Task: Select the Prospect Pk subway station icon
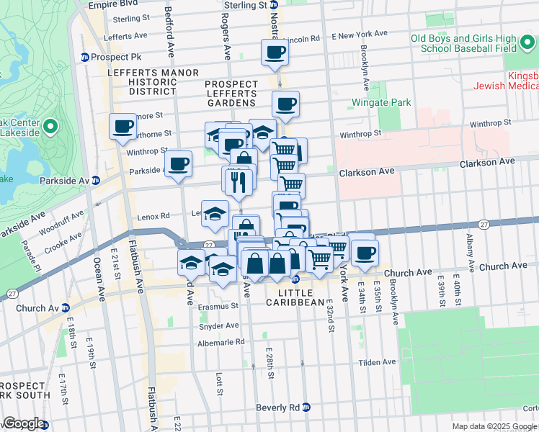(85, 57)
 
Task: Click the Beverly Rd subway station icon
(306, 408)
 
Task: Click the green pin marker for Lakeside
(50, 127)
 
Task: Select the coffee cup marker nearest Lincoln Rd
(275, 52)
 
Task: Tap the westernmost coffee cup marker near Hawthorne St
(122, 127)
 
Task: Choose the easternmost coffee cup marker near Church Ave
(365, 253)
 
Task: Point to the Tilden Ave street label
(378, 361)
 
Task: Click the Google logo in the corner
(23, 423)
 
